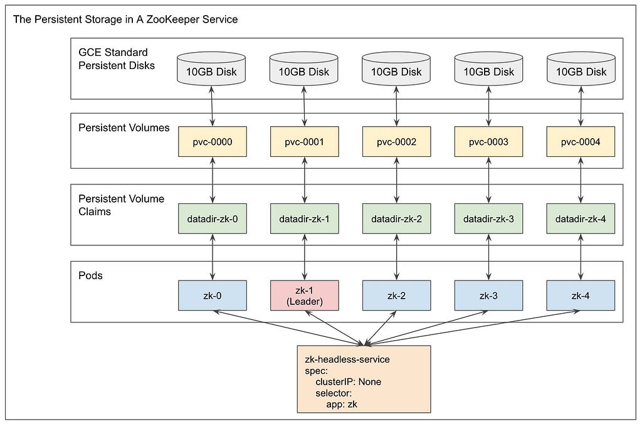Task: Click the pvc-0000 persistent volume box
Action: click(x=212, y=142)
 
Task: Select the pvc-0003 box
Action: click(x=488, y=142)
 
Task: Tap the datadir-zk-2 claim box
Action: click(x=396, y=219)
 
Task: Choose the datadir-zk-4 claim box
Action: click(x=581, y=219)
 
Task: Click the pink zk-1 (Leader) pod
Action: click(x=304, y=296)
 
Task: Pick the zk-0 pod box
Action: click(x=212, y=296)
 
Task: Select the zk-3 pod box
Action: click(x=488, y=296)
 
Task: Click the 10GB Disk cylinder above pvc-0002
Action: click(x=396, y=69)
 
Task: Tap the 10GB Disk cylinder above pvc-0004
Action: click(x=581, y=69)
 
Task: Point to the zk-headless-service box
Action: click(x=364, y=379)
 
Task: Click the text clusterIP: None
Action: click(x=348, y=381)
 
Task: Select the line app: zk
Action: click(x=342, y=404)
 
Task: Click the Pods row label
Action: click(x=90, y=275)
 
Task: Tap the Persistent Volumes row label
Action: click(x=124, y=128)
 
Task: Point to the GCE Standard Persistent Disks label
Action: click(x=117, y=59)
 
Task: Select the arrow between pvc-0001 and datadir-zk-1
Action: click(x=304, y=180)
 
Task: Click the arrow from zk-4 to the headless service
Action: click(x=471, y=327)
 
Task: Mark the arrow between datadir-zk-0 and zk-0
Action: click(x=212, y=257)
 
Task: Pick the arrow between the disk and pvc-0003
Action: click(x=488, y=106)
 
